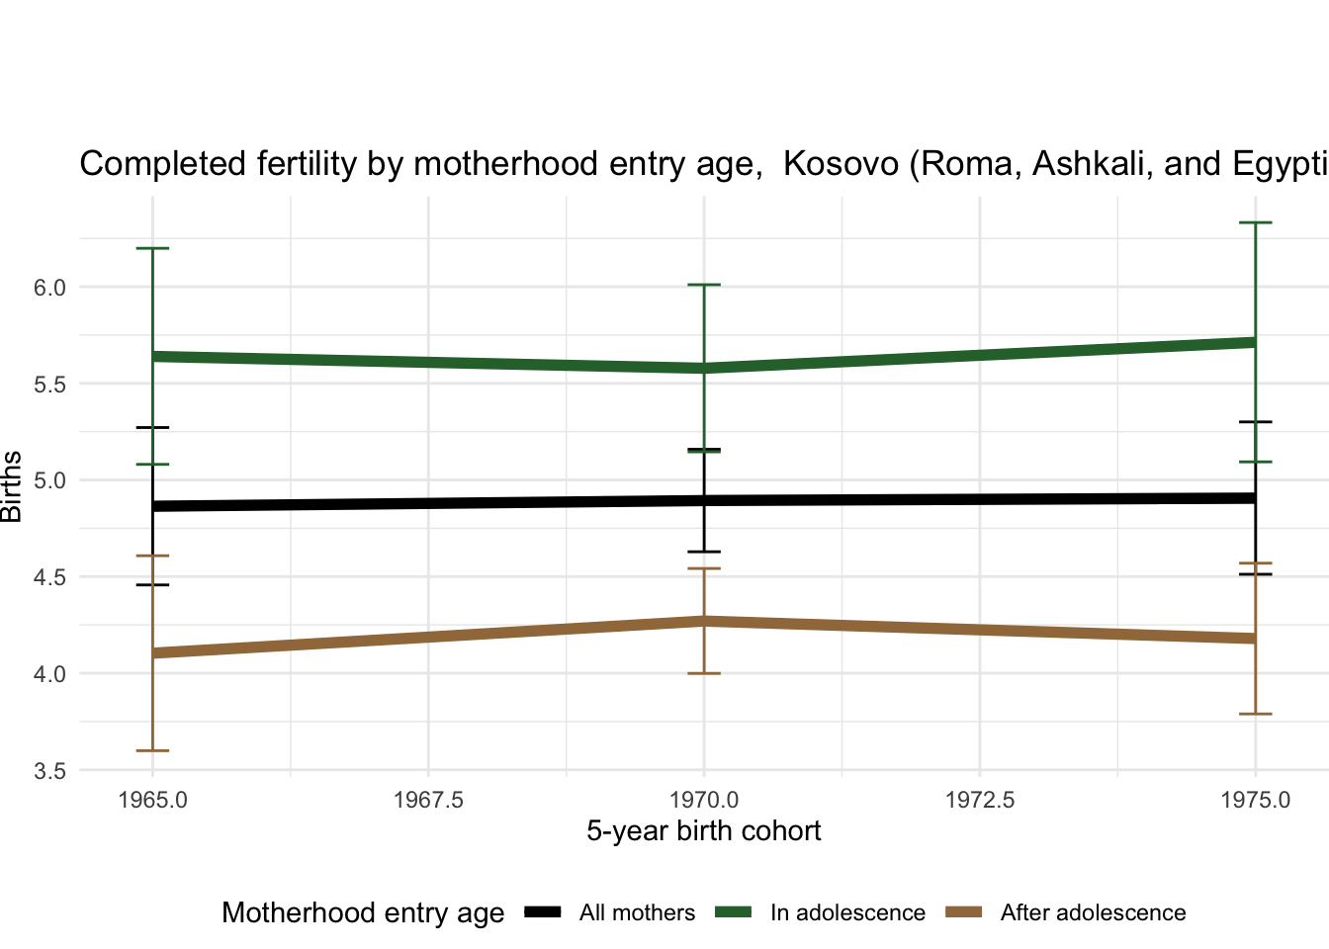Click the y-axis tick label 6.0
[49, 288]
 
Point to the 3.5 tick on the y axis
[49, 771]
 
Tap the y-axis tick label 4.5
[49, 577]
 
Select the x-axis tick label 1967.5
[428, 800]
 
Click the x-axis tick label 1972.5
[979, 800]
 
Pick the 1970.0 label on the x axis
[704, 800]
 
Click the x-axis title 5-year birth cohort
[703, 830]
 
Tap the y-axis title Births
[13, 486]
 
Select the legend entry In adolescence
[847, 912]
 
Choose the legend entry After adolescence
[1093, 912]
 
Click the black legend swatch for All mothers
[543, 911]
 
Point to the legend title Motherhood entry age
[363, 912]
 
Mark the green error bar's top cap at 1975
[1255, 223]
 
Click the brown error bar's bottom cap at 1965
[152, 750]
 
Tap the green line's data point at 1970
[704, 368]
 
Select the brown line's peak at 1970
[704, 621]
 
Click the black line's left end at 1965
[153, 506]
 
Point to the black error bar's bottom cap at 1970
[704, 552]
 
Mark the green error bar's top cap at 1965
[152, 248]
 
